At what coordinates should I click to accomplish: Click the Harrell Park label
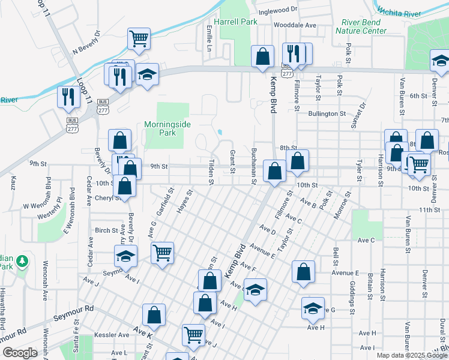coord(239,22)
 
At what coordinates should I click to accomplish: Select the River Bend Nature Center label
coord(361,26)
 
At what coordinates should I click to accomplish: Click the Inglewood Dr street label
coord(278,10)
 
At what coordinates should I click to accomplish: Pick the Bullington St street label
coord(327,113)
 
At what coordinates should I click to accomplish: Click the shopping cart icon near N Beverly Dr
coord(139,38)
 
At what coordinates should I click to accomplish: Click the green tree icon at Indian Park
coord(22,261)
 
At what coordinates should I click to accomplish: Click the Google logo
coord(20,353)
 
